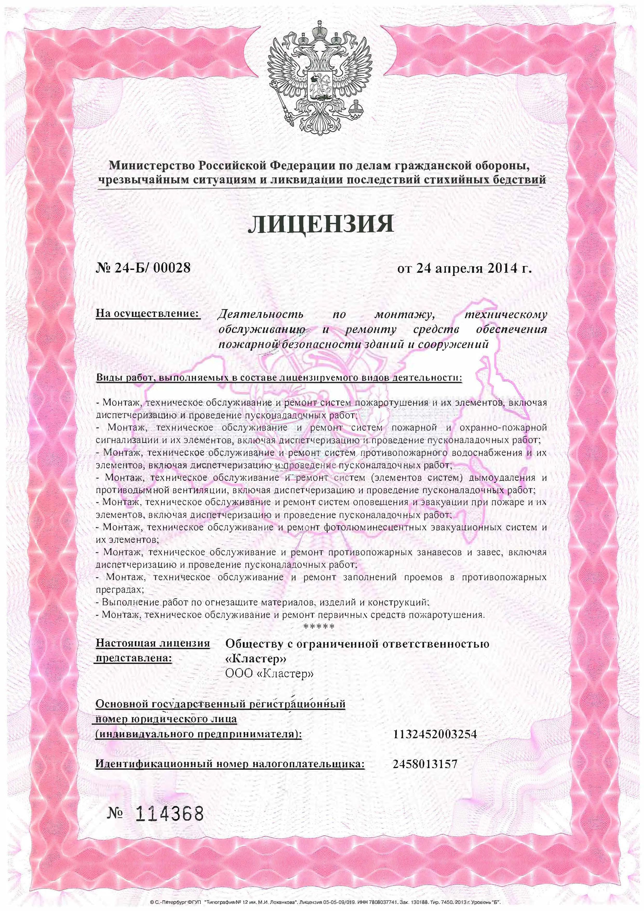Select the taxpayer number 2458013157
point(425,764)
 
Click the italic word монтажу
point(405,315)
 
